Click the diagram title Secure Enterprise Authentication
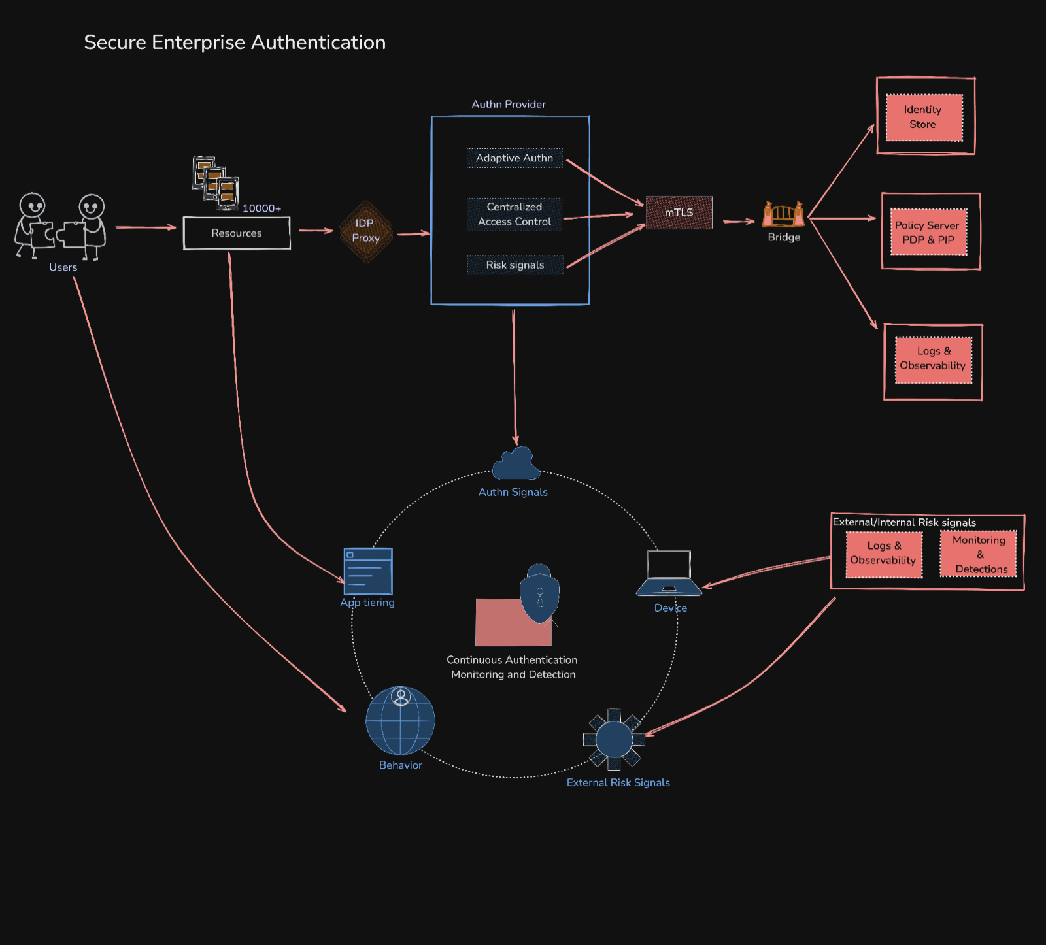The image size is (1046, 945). click(235, 42)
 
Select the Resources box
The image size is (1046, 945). click(237, 233)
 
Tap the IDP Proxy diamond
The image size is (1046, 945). click(365, 231)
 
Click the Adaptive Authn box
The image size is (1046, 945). click(515, 158)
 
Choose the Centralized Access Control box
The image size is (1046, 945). click(515, 214)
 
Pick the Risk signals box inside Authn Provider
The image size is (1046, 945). click(515, 265)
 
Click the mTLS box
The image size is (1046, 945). click(679, 212)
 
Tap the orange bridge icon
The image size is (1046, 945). click(783, 214)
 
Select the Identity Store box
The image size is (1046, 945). click(924, 118)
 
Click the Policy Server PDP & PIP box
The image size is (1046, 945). click(928, 233)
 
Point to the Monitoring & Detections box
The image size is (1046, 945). click(979, 554)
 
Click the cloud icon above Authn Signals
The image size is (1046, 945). click(516, 465)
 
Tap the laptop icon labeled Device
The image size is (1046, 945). click(669, 573)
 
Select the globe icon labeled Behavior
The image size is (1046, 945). click(400, 721)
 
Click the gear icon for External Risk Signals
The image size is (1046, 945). click(614, 740)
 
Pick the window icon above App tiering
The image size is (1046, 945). click(368, 571)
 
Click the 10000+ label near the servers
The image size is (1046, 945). click(261, 208)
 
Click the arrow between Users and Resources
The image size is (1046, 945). click(145, 227)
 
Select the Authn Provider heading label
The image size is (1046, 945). click(509, 104)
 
